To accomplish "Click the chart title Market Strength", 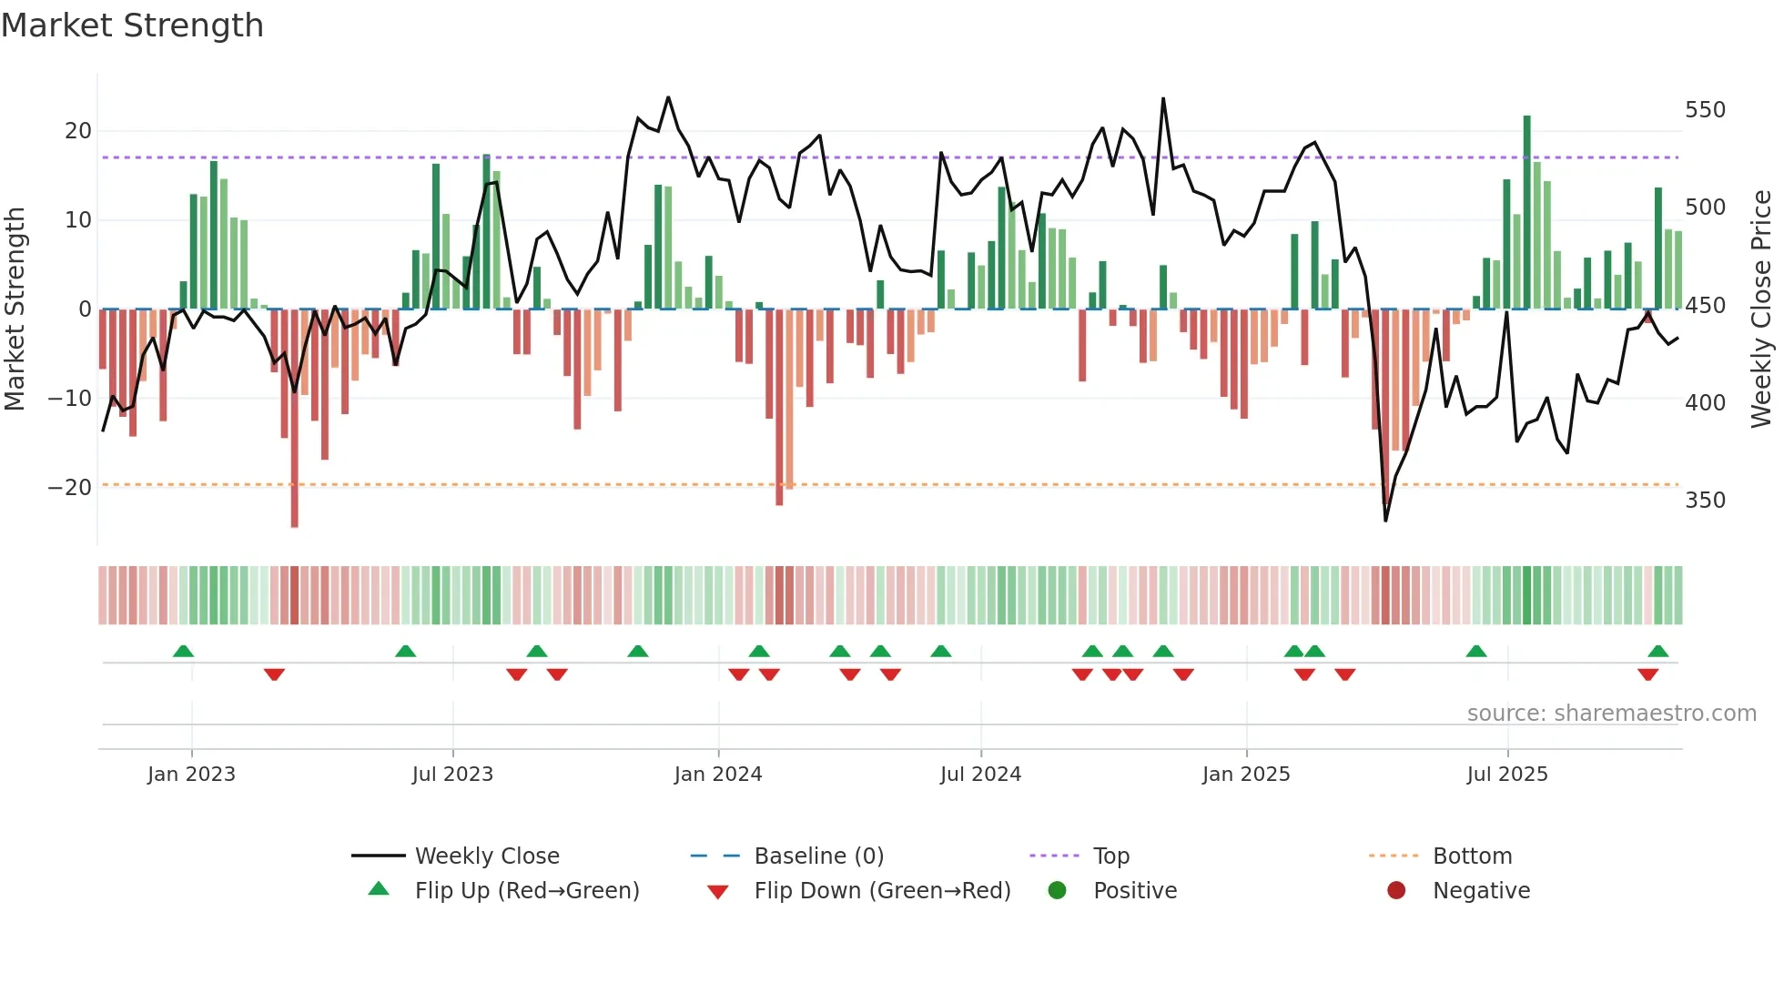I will [x=132, y=25].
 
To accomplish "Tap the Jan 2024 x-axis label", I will [x=717, y=775].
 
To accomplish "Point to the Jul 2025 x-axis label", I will [x=1506, y=775].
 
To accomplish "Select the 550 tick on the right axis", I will [x=1705, y=110].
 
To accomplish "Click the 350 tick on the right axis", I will [x=1705, y=501].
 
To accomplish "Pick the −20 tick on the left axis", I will [x=70, y=488].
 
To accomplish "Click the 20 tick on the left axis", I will [x=78, y=131].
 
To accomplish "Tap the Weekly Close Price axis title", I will [x=1761, y=309].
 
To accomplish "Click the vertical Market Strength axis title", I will [x=15, y=309].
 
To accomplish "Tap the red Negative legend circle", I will [x=1396, y=891].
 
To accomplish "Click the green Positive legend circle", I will [x=1057, y=891].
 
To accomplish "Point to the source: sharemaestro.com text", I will [x=1611, y=714].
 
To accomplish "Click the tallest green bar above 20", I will [x=1526, y=211].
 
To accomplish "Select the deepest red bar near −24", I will [x=294, y=419].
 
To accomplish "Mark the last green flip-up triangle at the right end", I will [x=1657, y=652].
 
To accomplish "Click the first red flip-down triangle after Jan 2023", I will [x=274, y=674].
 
